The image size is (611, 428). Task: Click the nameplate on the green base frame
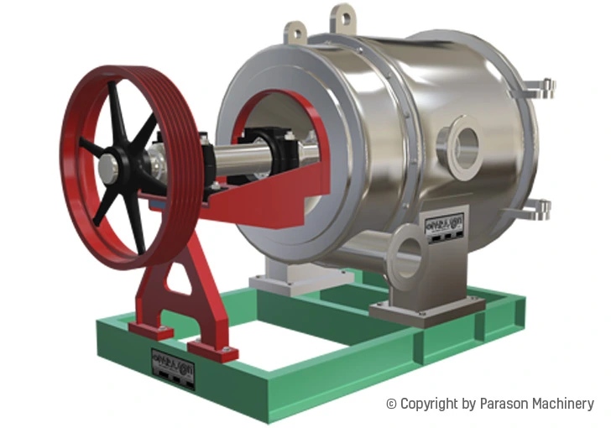[172, 368]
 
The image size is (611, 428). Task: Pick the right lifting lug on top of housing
[343, 17]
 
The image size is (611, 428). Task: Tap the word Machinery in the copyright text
[566, 404]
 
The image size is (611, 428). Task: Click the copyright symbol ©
[391, 404]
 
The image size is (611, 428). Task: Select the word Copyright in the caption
[430, 404]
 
